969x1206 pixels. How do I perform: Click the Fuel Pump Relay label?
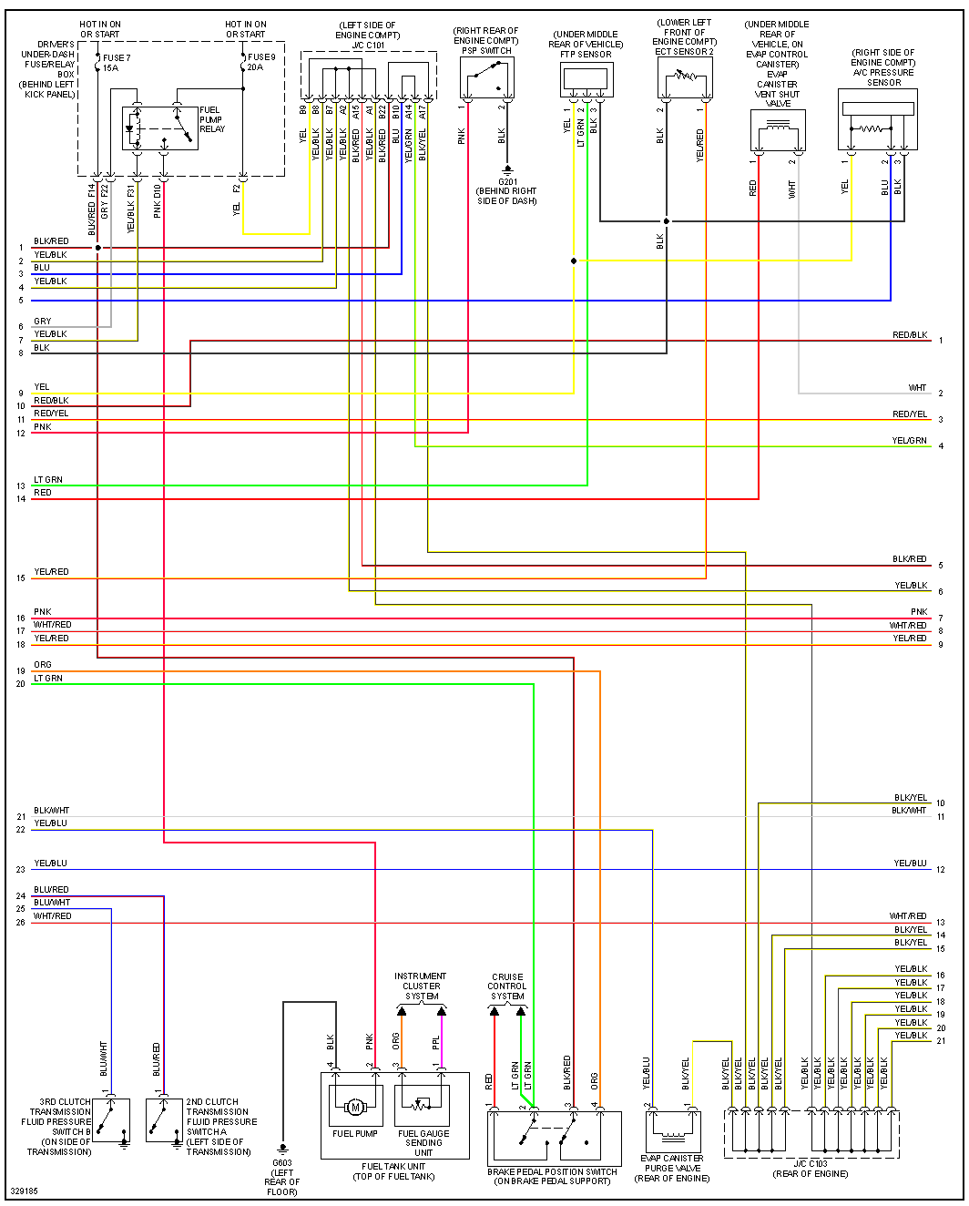coord(210,119)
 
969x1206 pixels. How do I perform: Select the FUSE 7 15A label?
coord(116,63)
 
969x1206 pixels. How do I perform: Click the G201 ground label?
coord(506,191)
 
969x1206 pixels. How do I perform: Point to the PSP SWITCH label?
coord(486,51)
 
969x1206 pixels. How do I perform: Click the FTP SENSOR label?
coord(586,55)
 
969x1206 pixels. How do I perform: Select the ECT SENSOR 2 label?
coord(684,52)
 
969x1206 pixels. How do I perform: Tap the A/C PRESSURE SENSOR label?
coord(882,72)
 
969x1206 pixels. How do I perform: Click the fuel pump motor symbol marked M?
coord(355,1108)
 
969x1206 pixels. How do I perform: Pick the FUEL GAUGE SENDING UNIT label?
coord(423,1142)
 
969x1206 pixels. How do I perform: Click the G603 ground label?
coord(282,1177)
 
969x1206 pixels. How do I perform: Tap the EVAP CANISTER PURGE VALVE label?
coord(672,1169)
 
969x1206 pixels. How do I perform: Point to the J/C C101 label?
coord(368,45)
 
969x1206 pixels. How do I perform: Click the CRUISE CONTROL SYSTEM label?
coord(507,986)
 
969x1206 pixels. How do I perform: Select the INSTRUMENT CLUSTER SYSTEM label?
coord(421,986)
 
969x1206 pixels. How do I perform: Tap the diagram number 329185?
coord(25,1191)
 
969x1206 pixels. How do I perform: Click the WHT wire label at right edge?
coord(917,388)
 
